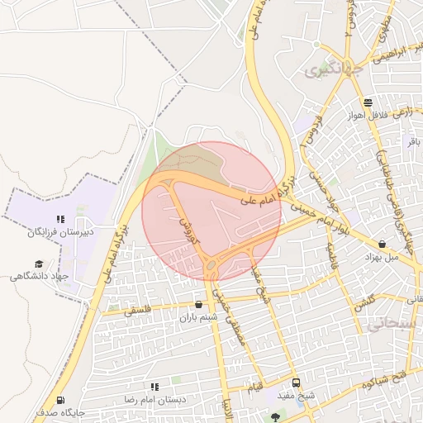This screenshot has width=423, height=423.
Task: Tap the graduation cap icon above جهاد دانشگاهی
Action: (40, 263)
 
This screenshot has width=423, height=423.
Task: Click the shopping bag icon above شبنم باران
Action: (197, 303)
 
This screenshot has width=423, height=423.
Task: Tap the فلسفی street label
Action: (136, 311)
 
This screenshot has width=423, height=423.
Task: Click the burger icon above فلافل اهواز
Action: (367, 102)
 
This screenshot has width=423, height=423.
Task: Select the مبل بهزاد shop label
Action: (382, 257)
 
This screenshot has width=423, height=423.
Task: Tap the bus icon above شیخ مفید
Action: (296, 383)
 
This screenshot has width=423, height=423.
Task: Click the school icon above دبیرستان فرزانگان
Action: (59, 220)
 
